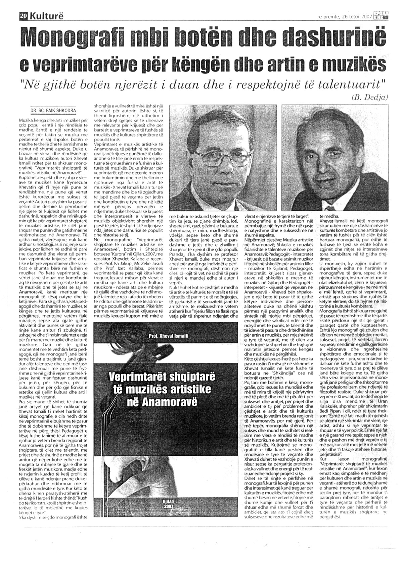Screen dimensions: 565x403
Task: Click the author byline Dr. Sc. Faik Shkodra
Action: pyautogui.click(x=53, y=110)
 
